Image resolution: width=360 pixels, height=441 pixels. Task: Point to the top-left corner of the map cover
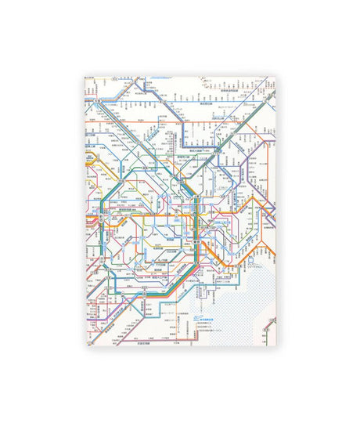tap(85, 77)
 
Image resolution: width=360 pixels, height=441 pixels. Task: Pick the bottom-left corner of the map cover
tap(85, 345)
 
